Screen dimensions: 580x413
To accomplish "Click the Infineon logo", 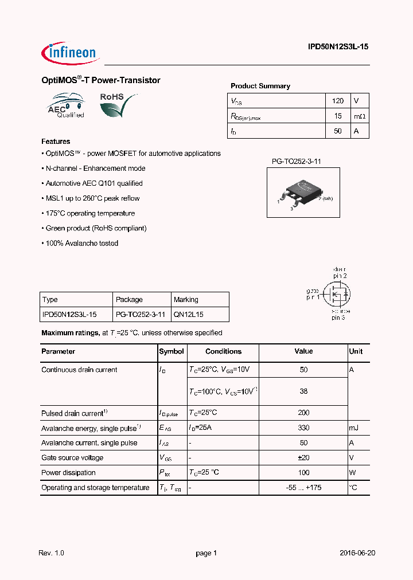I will click(x=70, y=53).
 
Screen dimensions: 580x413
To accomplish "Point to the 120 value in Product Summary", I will click(x=338, y=101).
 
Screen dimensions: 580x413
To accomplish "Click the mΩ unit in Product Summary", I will click(x=359, y=116).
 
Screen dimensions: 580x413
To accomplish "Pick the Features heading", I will click(x=56, y=142).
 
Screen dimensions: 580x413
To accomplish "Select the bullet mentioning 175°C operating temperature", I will click(x=88, y=213).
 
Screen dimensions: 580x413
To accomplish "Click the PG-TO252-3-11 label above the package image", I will click(x=296, y=162).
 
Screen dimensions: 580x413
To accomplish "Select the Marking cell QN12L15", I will click(x=188, y=315).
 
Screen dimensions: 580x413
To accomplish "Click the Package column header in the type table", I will click(x=129, y=300).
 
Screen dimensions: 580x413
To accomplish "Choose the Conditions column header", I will click(x=223, y=351).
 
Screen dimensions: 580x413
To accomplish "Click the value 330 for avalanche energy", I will click(x=303, y=428).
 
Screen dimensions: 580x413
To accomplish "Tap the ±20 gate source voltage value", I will click(x=303, y=458).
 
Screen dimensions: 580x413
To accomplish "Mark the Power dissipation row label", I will click(x=68, y=473).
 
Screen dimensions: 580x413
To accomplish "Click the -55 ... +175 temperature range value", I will click(x=303, y=488).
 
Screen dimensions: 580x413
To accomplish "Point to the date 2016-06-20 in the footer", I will click(x=357, y=553).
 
